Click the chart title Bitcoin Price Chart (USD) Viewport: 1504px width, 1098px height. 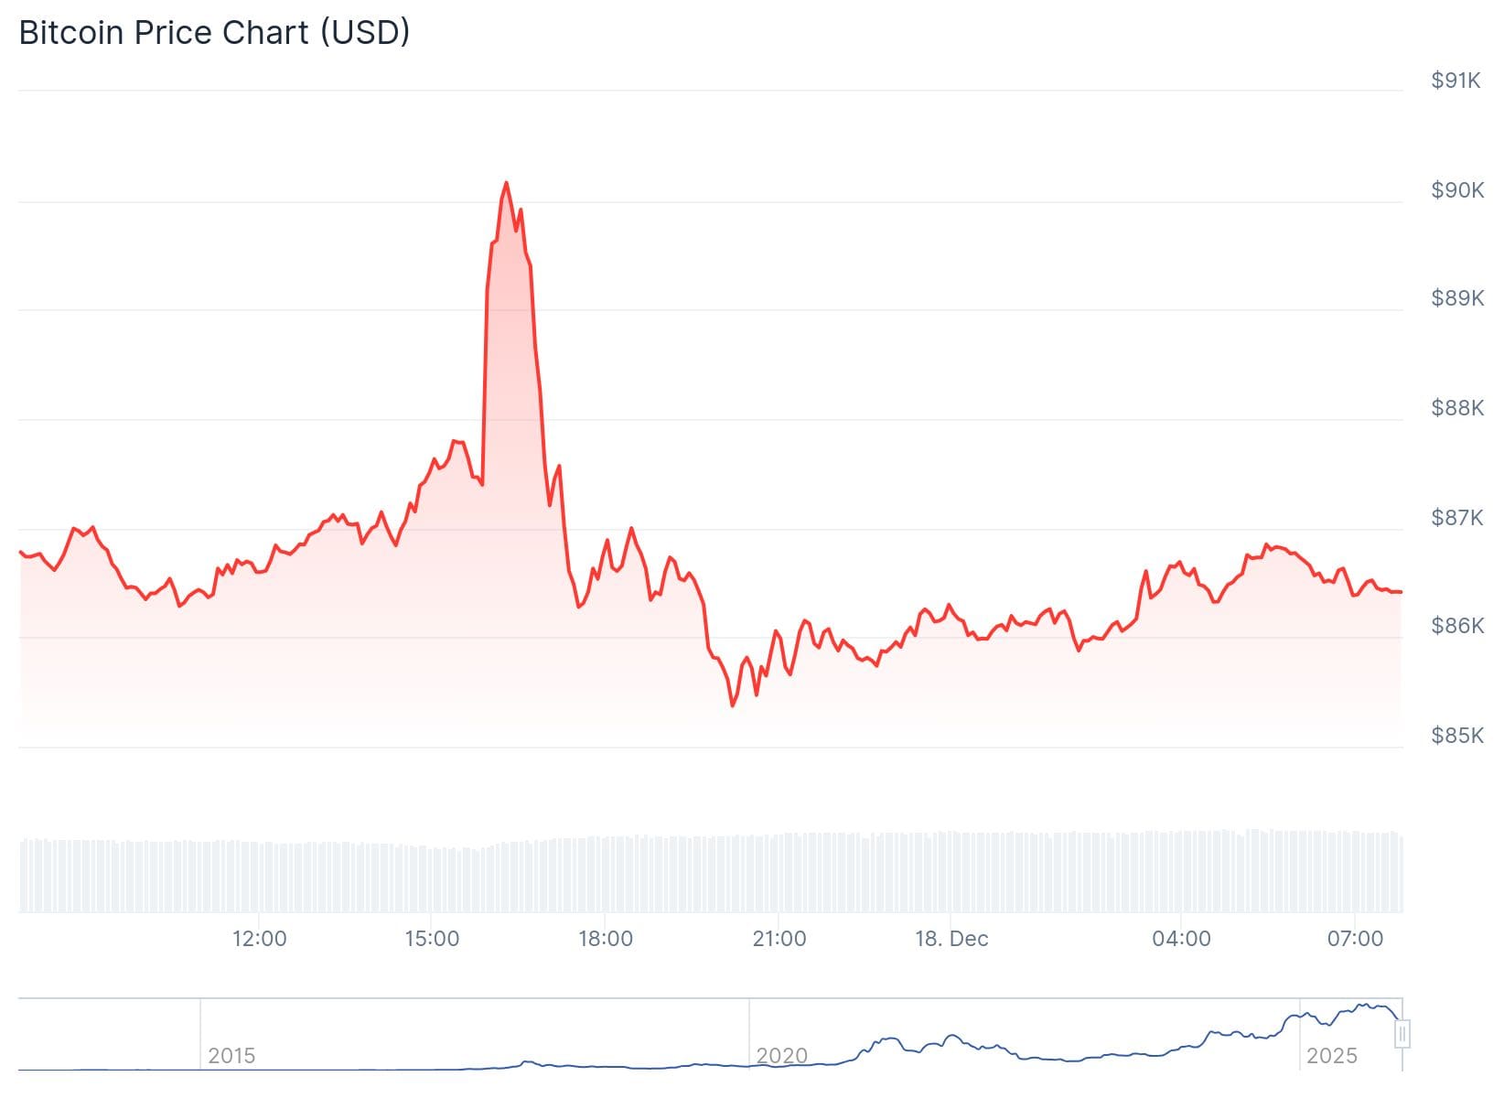214,33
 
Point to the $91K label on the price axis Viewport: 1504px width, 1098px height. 1456,81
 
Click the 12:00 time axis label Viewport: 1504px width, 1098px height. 260,939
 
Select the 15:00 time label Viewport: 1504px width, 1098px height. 432,939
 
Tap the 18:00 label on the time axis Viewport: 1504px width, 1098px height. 606,939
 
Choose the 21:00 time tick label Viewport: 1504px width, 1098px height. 779,939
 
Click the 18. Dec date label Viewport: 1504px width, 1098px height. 951,939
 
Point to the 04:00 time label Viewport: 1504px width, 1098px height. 1181,939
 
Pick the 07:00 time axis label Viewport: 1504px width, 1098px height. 1355,939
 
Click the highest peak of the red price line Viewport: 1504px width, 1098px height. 506,183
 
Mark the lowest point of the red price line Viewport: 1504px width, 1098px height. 733,705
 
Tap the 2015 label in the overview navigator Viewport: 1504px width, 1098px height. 231,1056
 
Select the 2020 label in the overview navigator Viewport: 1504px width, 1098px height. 782,1056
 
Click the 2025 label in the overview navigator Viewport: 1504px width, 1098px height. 1332,1056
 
